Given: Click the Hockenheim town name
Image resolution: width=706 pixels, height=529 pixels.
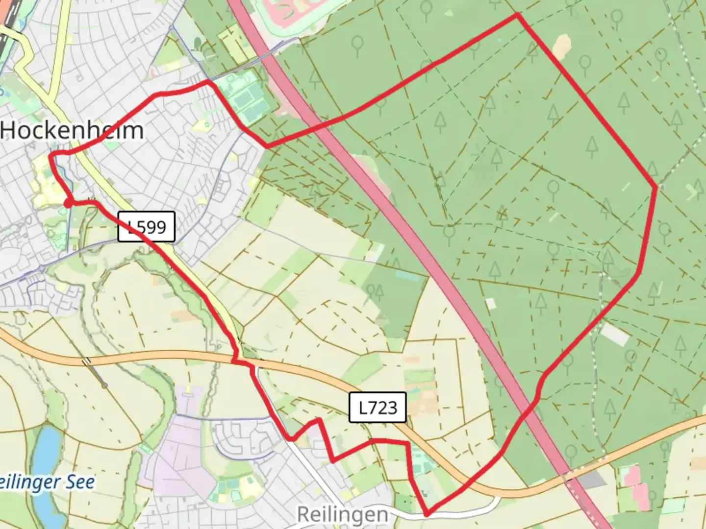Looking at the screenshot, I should click(x=73, y=131).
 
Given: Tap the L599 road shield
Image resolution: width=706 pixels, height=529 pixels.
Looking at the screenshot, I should click(x=146, y=227).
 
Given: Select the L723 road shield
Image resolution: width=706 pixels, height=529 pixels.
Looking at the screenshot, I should click(x=378, y=407).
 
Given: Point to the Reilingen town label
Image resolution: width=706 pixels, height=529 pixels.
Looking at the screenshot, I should click(x=342, y=515).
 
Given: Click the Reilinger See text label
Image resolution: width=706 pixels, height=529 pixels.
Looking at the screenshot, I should click(x=47, y=482).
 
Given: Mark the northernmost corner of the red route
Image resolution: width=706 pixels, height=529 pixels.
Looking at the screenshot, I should click(x=517, y=15).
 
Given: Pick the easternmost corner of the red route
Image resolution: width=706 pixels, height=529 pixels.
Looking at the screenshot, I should click(x=656, y=187).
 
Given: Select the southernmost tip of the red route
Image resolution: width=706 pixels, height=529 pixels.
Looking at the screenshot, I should click(x=427, y=515).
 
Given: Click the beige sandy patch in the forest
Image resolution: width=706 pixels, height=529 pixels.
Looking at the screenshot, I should click(x=562, y=46).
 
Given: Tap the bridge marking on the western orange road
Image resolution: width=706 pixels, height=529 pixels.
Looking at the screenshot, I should click(x=87, y=361).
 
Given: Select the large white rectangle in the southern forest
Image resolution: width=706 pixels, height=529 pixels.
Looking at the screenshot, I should click(x=615, y=334).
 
